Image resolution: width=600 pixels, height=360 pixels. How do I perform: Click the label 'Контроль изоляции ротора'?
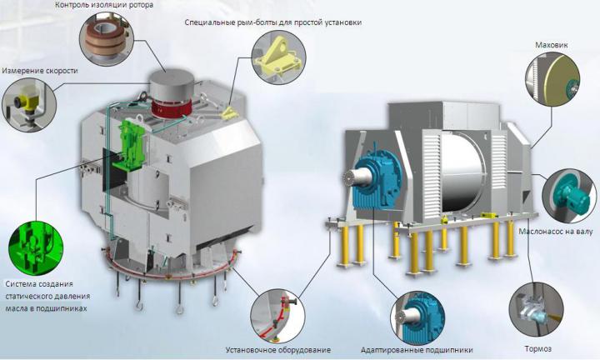click(104, 5)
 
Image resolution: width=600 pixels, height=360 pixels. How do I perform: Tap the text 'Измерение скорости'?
click(40, 71)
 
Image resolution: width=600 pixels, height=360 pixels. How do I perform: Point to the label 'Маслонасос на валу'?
click(556, 232)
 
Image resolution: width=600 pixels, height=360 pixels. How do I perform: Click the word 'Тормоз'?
click(538, 348)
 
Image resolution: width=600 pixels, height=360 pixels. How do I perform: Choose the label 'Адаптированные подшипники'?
click(417, 350)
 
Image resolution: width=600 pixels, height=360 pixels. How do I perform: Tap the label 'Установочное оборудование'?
click(278, 350)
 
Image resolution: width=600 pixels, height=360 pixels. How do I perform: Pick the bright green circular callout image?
click(36, 248)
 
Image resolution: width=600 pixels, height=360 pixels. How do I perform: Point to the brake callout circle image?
click(536, 309)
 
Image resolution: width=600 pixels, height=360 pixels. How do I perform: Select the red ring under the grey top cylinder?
click(171, 107)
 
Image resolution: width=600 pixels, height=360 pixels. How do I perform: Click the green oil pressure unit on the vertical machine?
click(130, 145)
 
